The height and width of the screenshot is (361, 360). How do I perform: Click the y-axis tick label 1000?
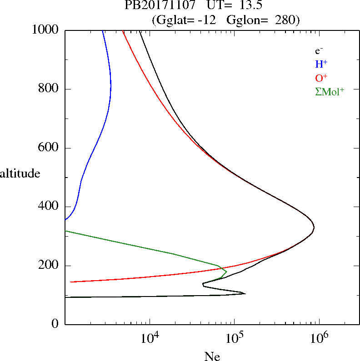46,30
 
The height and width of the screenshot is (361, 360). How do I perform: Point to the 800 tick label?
49,89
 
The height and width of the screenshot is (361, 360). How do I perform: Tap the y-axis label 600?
49,148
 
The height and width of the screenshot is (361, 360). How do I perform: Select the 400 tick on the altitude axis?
49,207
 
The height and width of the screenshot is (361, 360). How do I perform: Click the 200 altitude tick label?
49,266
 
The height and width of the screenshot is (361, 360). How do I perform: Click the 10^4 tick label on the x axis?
150,339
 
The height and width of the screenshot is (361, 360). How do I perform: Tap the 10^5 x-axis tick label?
235,339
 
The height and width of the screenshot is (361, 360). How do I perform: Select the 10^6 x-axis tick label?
320,339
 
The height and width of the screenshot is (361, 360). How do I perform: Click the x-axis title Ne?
212,356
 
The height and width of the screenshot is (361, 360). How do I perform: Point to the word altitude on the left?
20,173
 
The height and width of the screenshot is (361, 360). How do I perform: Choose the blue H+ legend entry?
321,64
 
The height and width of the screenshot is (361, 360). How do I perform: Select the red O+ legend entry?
322,78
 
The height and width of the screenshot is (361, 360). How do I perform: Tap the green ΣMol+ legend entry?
330,91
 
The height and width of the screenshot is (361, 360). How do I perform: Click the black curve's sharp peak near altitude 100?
245,293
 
